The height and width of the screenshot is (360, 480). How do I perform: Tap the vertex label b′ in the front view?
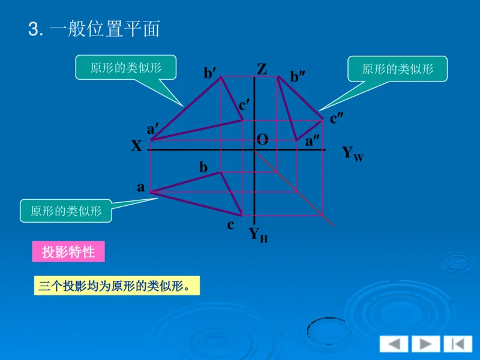(210, 73)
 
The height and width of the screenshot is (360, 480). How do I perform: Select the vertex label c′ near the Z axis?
(245, 105)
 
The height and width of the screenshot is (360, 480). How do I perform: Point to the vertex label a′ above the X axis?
(153, 129)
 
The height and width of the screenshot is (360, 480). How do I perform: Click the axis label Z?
(262, 69)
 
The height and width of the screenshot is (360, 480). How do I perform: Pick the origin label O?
(262, 140)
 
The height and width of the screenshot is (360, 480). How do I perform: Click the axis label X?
(137, 146)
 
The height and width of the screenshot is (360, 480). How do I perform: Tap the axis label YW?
(353, 154)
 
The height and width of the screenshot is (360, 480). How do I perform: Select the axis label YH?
(258, 235)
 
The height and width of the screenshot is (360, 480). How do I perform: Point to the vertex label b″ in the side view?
(298, 77)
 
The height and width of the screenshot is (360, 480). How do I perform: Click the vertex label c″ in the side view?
(337, 119)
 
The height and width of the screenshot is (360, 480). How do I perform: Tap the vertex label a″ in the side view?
(313, 141)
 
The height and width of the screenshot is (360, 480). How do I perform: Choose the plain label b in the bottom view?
(203, 168)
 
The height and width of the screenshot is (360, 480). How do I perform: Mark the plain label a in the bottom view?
(141, 187)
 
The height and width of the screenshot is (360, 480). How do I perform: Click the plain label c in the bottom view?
(230, 226)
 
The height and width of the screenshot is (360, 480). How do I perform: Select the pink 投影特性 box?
(68, 251)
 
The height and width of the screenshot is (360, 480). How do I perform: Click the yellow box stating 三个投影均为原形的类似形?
(115, 286)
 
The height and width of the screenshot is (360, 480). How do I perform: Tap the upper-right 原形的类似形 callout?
(398, 69)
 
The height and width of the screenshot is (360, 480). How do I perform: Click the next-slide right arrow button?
(425, 344)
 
